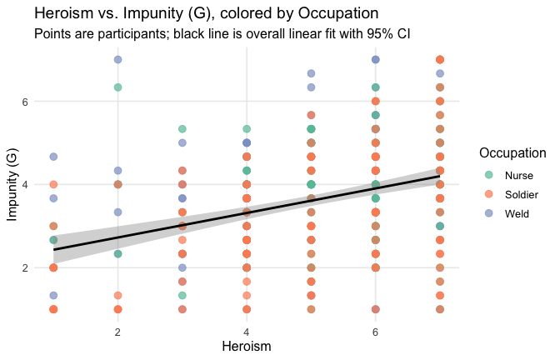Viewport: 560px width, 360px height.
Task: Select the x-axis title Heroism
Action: tap(247, 344)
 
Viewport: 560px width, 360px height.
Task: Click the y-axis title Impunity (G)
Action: tap(12, 185)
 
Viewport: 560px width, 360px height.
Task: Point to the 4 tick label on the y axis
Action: tap(38, 185)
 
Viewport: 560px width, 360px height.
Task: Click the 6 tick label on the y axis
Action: tap(38, 102)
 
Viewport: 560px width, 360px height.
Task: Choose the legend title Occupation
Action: tap(512, 153)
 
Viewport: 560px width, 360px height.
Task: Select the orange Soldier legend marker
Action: tap(488, 193)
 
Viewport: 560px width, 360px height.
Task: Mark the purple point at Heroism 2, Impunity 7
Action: tap(118, 59)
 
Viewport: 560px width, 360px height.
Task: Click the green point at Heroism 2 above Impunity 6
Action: tap(118, 87)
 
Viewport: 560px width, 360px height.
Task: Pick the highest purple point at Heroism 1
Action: tap(53, 157)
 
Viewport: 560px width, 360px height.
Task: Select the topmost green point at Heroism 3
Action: tap(182, 129)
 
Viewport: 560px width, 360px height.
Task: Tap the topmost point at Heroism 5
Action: tap(311, 73)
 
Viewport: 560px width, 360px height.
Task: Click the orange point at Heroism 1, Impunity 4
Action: tap(53, 184)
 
